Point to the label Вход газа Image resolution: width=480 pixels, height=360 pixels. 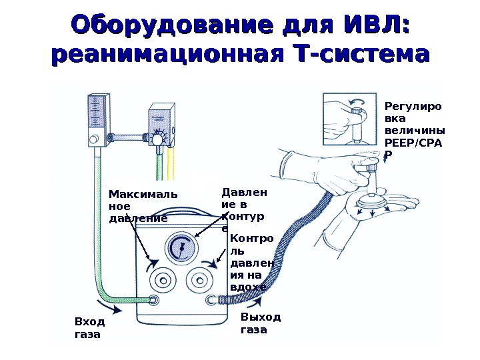point(87,328)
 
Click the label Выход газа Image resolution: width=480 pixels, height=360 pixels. point(260,323)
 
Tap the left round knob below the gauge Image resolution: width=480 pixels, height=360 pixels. point(163,280)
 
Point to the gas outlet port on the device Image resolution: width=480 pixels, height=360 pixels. point(213,300)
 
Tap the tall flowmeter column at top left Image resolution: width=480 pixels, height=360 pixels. point(97,123)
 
